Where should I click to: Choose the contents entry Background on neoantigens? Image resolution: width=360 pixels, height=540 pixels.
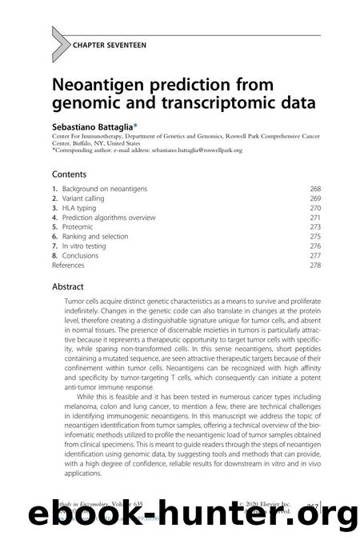(109, 189)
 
